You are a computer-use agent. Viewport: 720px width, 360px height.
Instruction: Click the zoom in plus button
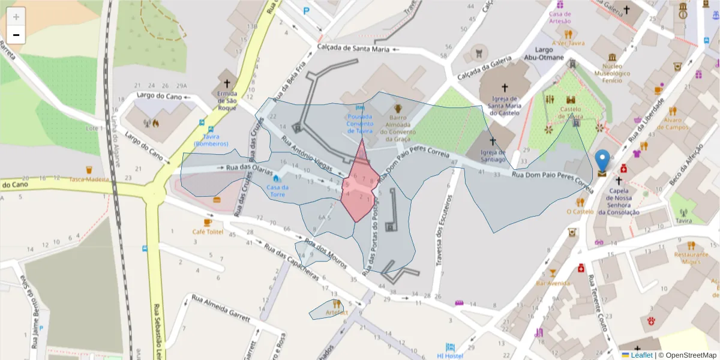coord(16,17)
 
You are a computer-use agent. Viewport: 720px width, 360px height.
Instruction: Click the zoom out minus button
coord(16,35)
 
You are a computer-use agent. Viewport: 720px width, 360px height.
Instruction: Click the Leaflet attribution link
coord(641,355)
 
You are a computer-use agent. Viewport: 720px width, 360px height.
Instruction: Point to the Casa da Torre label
coord(277,191)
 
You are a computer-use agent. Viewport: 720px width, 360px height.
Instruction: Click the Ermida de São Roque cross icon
coord(227,83)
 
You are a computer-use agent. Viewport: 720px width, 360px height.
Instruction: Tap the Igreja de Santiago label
coord(493,155)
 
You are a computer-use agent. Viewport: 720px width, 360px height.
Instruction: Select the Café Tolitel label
coord(208,232)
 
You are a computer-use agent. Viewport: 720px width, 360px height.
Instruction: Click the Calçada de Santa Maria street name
coord(354,49)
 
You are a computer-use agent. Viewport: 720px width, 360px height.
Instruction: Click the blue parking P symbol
coord(307,10)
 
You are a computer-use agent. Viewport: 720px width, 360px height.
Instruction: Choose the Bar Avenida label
coord(553,283)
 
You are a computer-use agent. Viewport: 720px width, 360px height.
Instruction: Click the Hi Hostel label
coord(450,356)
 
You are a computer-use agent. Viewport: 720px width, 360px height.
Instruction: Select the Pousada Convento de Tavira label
coord(359,123)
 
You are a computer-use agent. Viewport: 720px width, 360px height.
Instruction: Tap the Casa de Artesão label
coord(560,17)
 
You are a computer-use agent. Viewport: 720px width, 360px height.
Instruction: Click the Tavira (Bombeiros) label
coord(211,140)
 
